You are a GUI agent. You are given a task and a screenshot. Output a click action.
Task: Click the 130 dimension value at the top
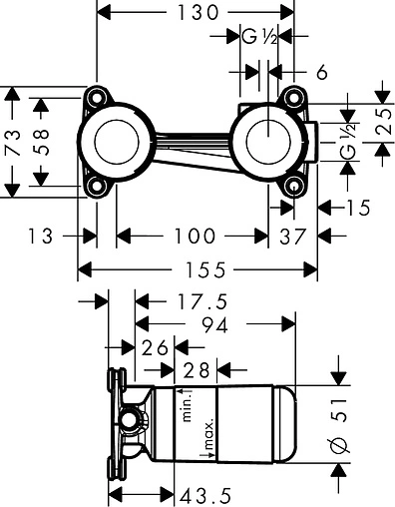198,13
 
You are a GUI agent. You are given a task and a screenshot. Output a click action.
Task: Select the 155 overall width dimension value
205,269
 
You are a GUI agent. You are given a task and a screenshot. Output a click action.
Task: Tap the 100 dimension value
196,236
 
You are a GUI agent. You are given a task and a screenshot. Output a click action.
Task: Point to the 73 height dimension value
13,143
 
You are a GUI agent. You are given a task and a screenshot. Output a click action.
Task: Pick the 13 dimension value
41,236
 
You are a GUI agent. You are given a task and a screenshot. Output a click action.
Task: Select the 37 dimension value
292,237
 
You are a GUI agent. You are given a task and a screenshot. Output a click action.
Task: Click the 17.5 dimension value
202,301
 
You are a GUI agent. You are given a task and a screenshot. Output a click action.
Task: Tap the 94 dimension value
215,324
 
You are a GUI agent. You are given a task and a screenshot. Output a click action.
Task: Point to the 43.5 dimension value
205,497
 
